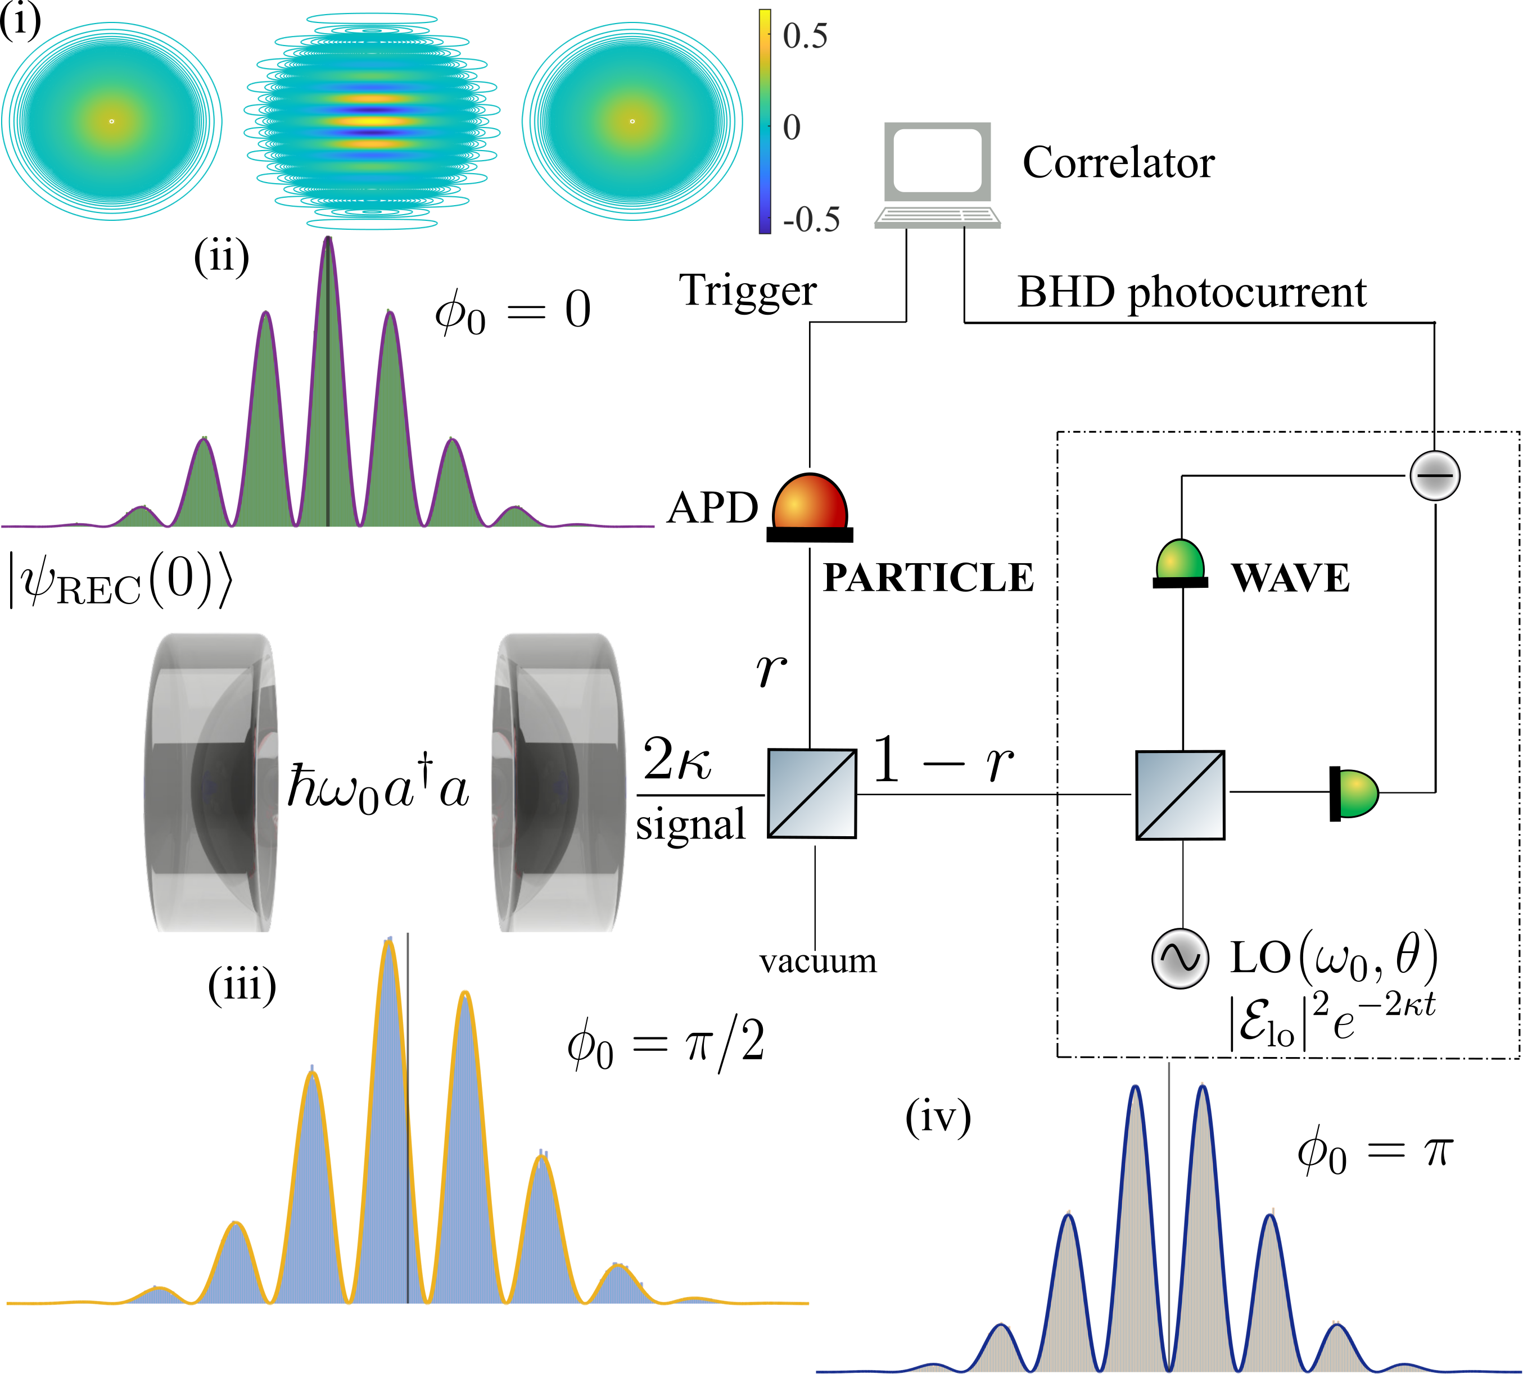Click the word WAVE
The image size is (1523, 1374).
[1290, 578]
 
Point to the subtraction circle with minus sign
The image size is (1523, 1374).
[1435, 475]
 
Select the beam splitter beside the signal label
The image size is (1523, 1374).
[812, 793]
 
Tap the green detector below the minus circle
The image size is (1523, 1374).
[1180, 563]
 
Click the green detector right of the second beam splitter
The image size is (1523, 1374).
[1354, 793]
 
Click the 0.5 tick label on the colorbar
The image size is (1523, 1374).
[805, 36]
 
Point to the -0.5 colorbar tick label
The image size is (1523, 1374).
[811, 220]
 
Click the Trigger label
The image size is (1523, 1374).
[748, 291]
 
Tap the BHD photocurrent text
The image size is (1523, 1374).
[1191, 293]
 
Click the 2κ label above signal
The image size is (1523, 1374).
[677, 759]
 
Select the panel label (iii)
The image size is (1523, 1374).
[242, 985]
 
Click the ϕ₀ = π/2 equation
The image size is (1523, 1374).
[665, 1045]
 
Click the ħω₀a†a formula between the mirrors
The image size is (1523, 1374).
[378, 787]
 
